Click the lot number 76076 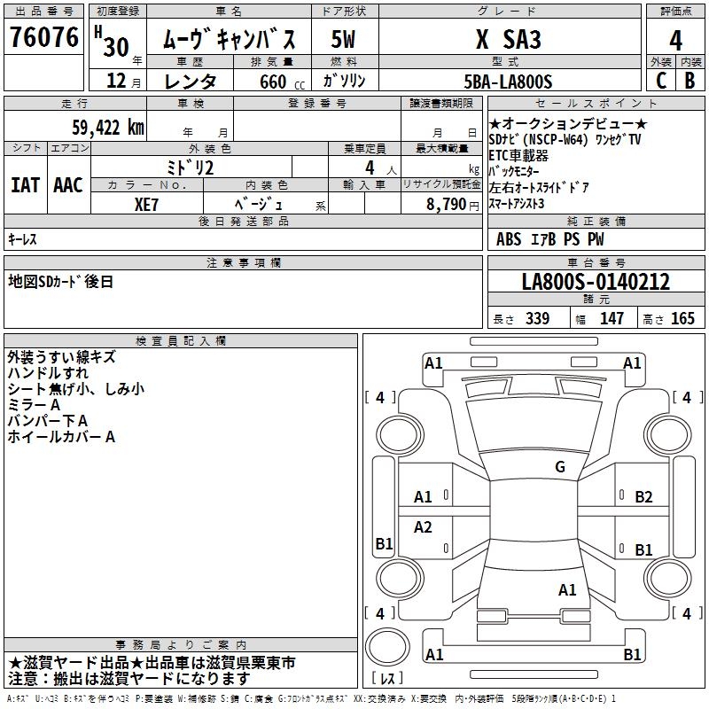tap(43, 38)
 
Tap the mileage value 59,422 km tap(106, 127)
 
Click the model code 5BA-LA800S tap(508, 82)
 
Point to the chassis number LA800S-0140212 tap(596, 283)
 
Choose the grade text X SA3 tap(508, 40)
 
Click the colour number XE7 tap(147, 203)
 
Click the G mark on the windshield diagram tap(559, 466)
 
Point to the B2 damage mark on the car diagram tap(643, 497)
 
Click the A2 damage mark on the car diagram tap(423, 527)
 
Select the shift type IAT tap(24, 185)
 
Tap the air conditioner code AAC tap(68, 185)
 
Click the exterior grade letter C tap(660, 81)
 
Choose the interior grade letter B tap(690, 81)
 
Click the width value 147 tap(612, 319)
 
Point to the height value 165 tap(682, 319)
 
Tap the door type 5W tap(344, 40)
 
